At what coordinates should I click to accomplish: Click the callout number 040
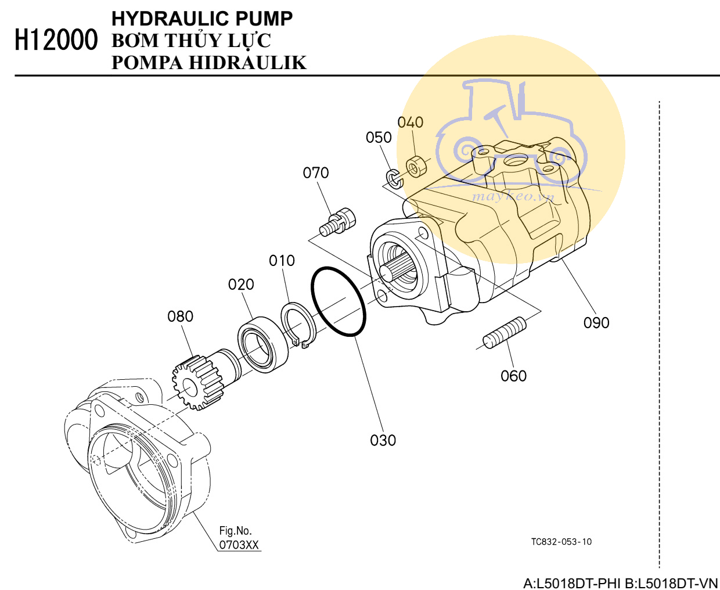coord(410,123)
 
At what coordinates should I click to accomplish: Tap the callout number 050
coord(379,138)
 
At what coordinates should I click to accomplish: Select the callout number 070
coord(316,173)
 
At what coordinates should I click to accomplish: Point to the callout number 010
coord(282,261)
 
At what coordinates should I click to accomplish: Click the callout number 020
coord(241,285)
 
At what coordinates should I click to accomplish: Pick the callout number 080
coord(180,316)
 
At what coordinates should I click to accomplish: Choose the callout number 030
coord(383,441)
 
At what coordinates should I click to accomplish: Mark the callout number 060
coord(513,376)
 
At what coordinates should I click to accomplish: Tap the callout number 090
coord(596,323)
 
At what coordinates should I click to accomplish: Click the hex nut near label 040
coord(415,166)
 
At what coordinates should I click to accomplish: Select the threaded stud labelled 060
coord(505,333)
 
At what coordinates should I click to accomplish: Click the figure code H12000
coord(56,41)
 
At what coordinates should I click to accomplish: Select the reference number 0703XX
coord(239,545)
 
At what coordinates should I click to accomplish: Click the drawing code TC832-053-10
coord(561,542)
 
